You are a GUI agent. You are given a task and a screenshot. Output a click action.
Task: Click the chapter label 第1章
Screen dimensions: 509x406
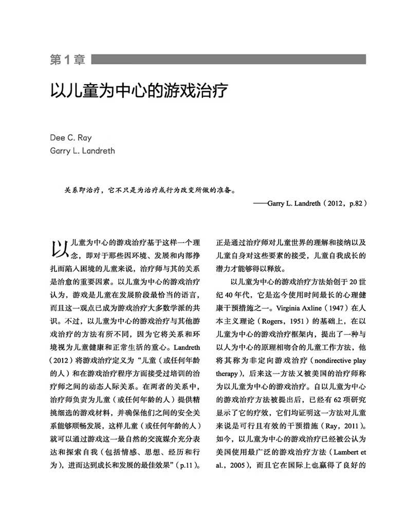click(68, 60)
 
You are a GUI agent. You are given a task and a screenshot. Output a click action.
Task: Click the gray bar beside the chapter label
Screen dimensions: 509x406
click(229, 60)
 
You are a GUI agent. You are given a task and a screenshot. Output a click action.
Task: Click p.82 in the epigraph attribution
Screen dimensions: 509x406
click(354, 203)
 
